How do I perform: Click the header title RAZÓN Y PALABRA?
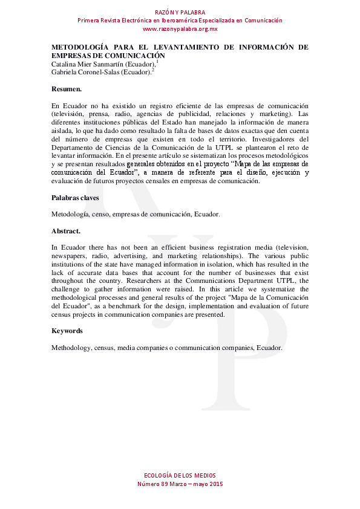click(180, 12)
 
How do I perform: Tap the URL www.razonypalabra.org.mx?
click(180, 29)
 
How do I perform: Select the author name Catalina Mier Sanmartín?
click(88, 64)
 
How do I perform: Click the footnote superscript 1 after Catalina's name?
click(157, 62)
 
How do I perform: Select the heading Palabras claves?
click(75, 198)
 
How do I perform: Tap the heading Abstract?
click(66, 231)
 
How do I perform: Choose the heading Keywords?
click(67, 331)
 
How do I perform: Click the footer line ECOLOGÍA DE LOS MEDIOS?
click(180, 475)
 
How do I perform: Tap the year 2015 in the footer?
click(215, 484)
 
